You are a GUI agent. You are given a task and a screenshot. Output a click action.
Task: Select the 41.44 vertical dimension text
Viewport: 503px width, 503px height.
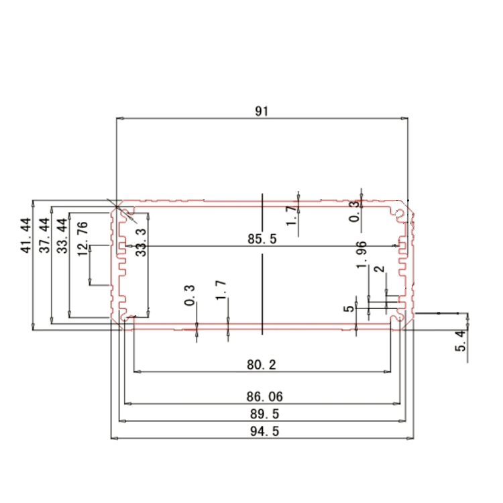[x=26, y=235]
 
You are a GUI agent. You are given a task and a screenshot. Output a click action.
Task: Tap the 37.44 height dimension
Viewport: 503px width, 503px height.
[x=45, y=235]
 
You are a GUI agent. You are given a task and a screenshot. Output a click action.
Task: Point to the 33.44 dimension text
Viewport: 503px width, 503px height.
[x=62, y=235]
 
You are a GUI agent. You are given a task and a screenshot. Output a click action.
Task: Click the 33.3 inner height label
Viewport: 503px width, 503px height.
[x=141, y=241]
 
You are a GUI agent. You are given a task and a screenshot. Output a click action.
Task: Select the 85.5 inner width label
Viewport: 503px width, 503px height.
[x=262, y=239]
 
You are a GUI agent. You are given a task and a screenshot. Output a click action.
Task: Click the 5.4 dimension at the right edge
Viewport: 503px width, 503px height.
[x=460, y=343]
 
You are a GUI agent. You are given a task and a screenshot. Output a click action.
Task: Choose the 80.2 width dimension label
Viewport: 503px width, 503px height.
[x=262, y=365]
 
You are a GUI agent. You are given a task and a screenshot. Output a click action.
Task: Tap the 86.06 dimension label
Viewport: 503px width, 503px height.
[x=262, y=398]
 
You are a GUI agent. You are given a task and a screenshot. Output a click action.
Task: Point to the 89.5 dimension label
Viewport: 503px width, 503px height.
[x=262, y=414]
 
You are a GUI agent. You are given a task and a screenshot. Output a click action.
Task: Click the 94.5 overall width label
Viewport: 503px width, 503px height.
[x=262, y=431]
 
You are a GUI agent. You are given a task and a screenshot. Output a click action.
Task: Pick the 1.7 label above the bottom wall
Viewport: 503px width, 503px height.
[x=221, y=292]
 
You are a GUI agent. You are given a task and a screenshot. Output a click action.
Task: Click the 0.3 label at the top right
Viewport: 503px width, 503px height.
[x=354, y=212]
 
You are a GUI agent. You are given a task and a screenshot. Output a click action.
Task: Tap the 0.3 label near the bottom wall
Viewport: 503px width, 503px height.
[x=190, y=296]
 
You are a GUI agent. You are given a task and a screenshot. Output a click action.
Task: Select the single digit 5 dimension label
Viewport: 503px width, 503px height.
[x=347, y=309]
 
